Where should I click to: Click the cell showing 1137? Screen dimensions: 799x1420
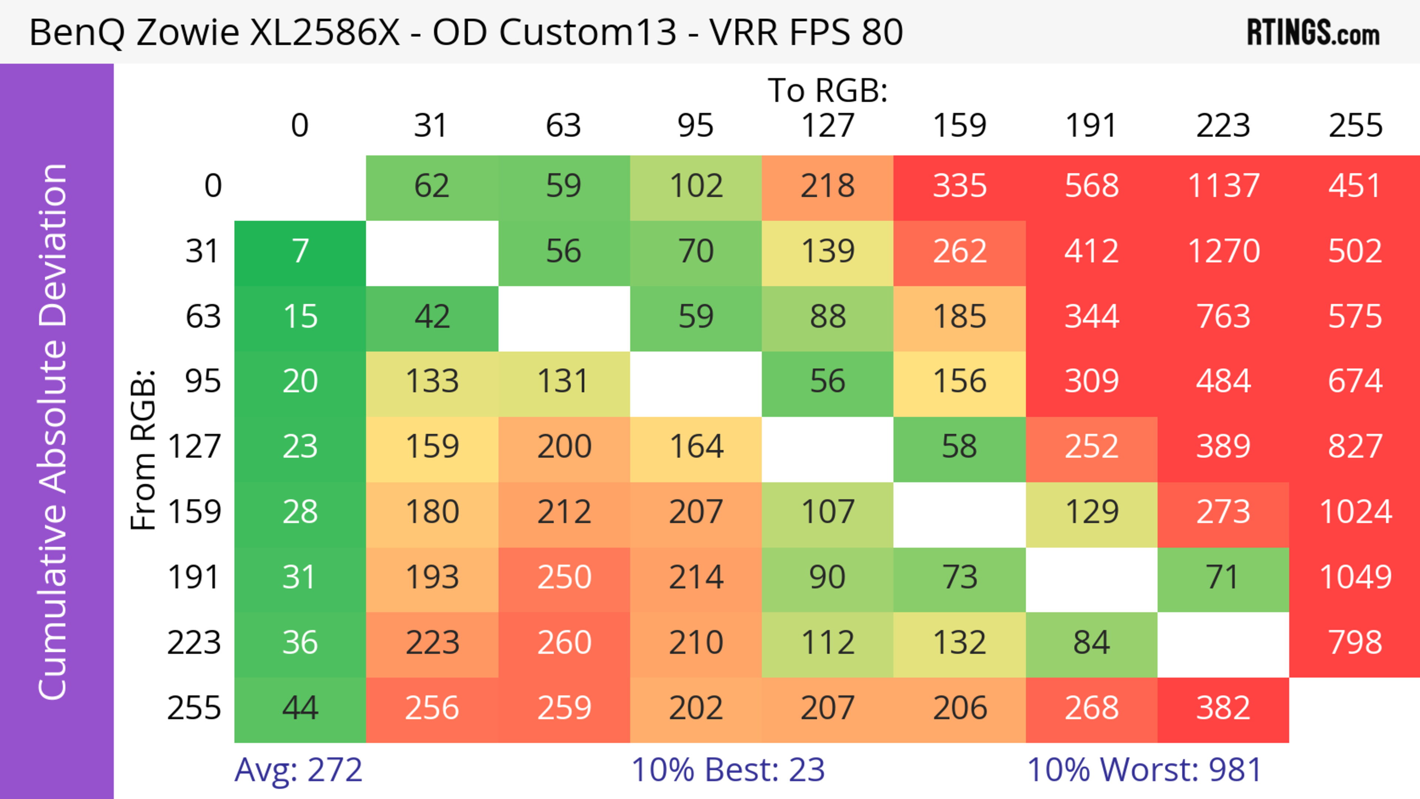[1223, 186]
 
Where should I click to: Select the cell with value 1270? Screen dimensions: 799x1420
[1223, 251]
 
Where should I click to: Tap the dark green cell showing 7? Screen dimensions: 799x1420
[300, 251]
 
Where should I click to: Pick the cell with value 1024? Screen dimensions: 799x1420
[1355, 512]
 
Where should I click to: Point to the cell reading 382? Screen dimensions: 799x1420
[1223, 708]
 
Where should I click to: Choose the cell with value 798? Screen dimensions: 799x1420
[1355, 643]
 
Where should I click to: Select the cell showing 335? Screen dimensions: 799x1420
[959, 186]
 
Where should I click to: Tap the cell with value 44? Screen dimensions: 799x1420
[300, 708]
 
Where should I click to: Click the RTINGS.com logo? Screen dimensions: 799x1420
[1313, 33]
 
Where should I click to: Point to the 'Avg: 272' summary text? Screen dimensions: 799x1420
[298, 770]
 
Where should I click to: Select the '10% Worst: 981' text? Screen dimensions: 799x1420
[1145, 770]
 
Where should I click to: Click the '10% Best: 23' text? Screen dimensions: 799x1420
[728, 770]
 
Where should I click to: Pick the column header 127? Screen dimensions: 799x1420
[828, 126]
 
